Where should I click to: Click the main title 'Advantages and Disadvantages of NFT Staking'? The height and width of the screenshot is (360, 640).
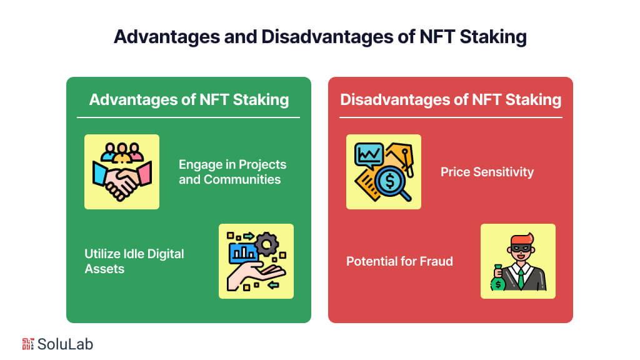(x=320, y=37)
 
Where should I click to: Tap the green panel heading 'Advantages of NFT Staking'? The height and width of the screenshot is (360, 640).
(x=189, y=99)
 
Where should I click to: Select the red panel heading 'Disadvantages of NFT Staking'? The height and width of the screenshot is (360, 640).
(x=451, y=99)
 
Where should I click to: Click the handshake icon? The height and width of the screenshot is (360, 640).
(x=122, y=179)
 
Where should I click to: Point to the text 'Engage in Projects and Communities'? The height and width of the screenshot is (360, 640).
(x=232, y=172)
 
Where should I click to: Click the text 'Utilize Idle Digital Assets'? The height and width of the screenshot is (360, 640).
(x=134, y=261)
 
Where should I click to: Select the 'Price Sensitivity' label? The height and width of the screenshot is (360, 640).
(x=487, y=172)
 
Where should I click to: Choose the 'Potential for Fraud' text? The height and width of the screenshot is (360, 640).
(x=399, y=261)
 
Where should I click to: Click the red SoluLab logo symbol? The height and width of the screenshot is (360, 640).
(x=27, y=343)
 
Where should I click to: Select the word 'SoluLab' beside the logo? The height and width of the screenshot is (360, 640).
(x=65, y=343)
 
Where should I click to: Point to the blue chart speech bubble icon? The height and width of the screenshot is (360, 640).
(x=369, y=154)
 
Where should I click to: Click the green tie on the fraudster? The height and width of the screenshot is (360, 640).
(x=520, y=278)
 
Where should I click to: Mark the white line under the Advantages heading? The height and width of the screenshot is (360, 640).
(x=189, y=117)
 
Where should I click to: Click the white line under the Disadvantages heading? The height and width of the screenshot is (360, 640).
(x=451, y=117)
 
